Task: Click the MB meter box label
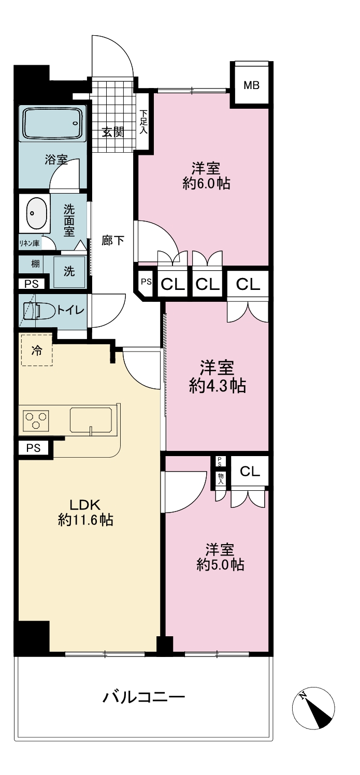(251, 85)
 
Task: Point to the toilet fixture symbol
(39, 310)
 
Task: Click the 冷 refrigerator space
(37, 350)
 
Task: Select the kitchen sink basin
(91, 420)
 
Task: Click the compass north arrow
(318, 707)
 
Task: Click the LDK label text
(85, 505)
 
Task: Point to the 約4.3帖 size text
(218, 385)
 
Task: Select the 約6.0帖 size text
(206, 183)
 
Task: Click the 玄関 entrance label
(113, 132)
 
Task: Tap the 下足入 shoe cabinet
(143, 122)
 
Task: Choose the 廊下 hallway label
(113, 240)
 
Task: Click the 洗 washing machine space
(69, 272)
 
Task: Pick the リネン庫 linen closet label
(30, 243)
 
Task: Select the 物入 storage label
(221, 478)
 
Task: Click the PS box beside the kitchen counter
(34, 448)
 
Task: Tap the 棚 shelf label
(35, 264)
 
